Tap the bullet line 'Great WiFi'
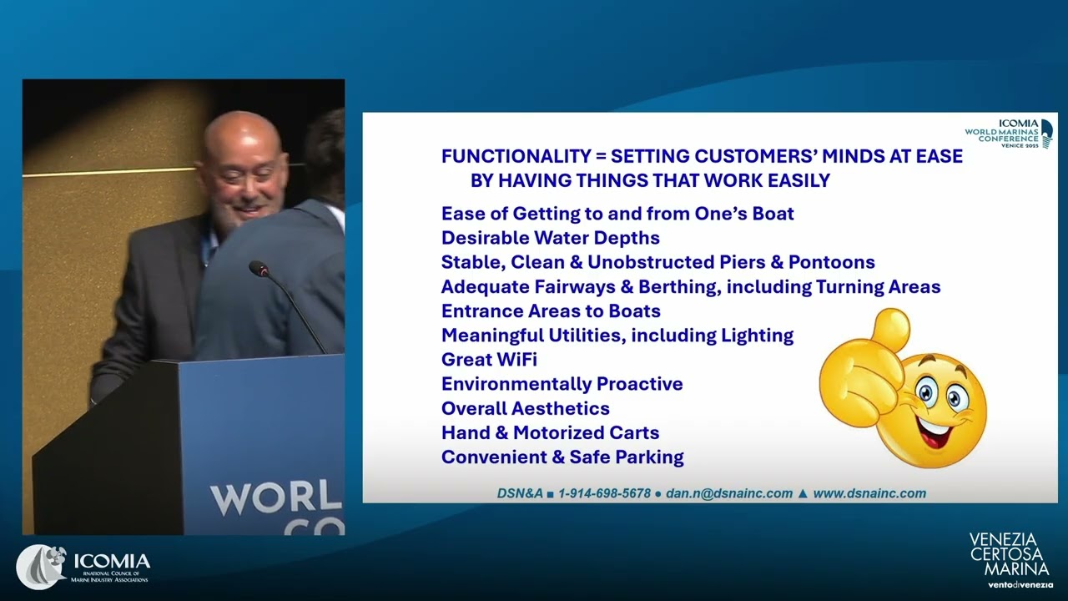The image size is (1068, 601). (489, 360)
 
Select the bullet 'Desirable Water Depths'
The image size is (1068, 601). (551, 238)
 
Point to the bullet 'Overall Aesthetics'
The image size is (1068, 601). (526, 409)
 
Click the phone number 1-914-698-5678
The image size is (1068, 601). (605, 493)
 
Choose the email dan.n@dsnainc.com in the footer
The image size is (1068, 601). (729, 493)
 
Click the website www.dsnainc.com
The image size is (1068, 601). (869, 493)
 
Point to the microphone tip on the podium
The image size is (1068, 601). (259, 268)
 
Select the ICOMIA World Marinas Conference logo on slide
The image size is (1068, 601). (1009, 134)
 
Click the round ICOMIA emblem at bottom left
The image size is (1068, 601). (42, 567)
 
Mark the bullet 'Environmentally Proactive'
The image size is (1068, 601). (562, 384)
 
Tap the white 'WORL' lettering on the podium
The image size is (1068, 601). (276, 499)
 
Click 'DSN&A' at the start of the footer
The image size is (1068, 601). (520, 493)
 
